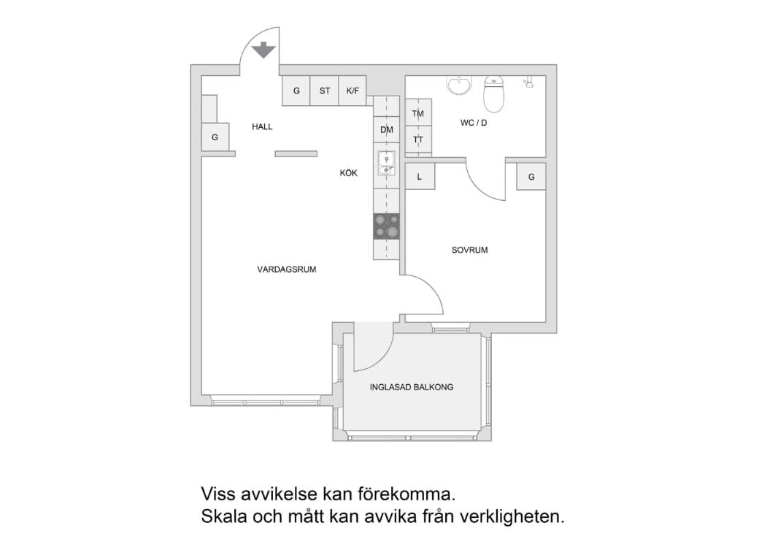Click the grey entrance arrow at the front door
click(262, 50)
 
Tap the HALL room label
click(262, 127)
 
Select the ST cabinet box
click(325, 91)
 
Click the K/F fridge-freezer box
click(352, 91)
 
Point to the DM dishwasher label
click(386, 130)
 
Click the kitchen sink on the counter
click(386, 163)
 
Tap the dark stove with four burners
click(387, 226)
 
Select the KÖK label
click(348, 174)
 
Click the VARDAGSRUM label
click(286, 269)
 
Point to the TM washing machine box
click(418, 114)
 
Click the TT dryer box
click(418, 139)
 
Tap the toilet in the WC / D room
click(494, 94)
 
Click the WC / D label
click(473, 123)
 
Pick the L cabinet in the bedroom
click(420, 177)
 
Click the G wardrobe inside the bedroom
click(531, 177)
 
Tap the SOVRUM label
click(469, 250)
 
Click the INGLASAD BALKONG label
click(412, 387)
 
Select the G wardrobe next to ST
click(296, 91)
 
